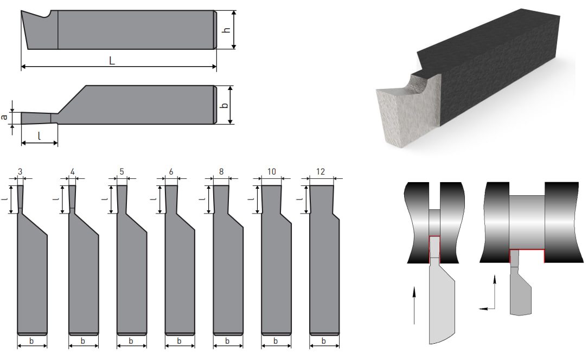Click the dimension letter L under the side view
pos(112,60)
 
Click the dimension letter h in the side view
pos(226,30)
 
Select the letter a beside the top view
pos(4,117)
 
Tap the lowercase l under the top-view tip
pos(40,136)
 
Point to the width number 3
pos(20,171)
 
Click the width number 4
pos(72,171)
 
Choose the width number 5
pos(122,171)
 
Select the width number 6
pos(171,171)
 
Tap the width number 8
pos(221,171)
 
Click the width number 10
pos(272,171)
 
